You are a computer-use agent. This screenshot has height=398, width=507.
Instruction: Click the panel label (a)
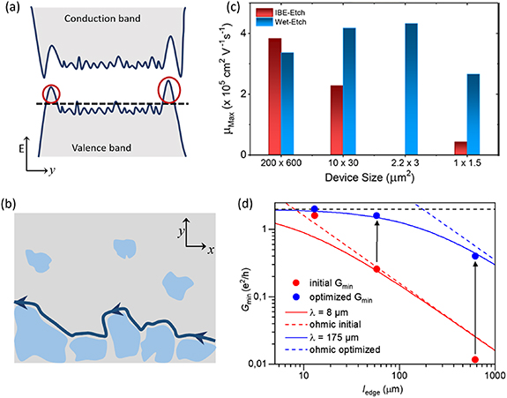click(12, 10)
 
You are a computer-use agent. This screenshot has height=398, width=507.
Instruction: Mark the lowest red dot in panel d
click(476, 360)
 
